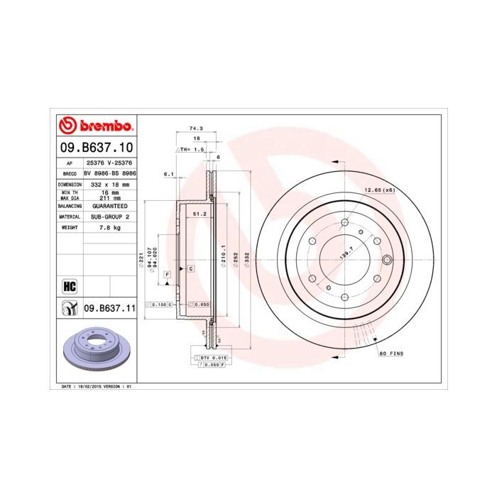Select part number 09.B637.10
pyautogui.click(x=95, y=147)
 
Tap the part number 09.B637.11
pyautogui.click(x=109, y=308)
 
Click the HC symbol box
pyautogui.click(x=70, y=286)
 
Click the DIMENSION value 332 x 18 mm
pyautogui.click(x=109, y=184)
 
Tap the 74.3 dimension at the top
pyautogui.click(x=196, y=128)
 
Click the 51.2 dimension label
pyautogui.click(x=199, y=213)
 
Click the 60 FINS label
pyautogui.click(x=391, y=353)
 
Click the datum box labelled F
pyautogui.click(x=167, y=274)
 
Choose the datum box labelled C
pyautogui.click(x=191, y=269)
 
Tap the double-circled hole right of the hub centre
pyautogui.click(x=387, y=259)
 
